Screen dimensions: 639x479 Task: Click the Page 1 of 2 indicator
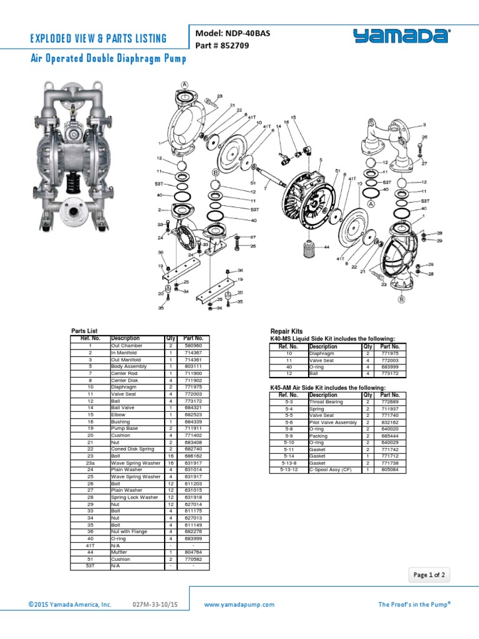pyautogui.click(x=430, y=575)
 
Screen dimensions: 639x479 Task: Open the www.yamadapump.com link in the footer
pyautogui.click(x=239, y=605)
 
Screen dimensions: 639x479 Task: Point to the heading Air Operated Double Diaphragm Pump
pyautogui.click(x=109, y=59)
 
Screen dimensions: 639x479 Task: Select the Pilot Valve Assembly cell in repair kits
pyautogui.click(x=333, y=422)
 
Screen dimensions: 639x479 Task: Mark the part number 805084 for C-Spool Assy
pyautogui.click(x=390, y=470)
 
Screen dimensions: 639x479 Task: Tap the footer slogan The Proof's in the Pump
pyautogui.click(x=414, y=605)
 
